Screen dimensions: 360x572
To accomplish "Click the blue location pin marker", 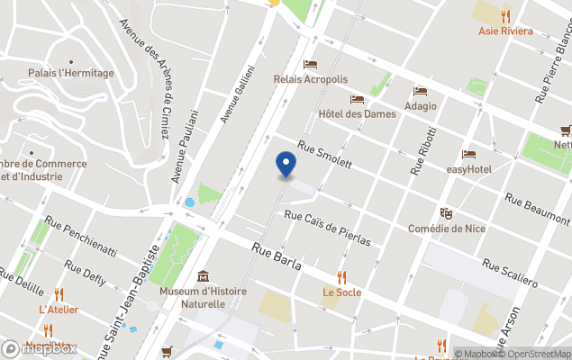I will tap(285, 165).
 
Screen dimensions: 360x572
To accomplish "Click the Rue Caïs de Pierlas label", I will tap(327, 228).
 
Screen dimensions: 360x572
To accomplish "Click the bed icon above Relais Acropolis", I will tap(311, 65).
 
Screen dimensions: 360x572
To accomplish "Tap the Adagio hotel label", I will tap(420, 105).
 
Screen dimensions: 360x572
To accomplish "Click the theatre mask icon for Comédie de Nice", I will tap(446, 213).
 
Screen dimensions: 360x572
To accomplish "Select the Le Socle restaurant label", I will tap(341, 292).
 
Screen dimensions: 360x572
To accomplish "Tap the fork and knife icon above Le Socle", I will tap(341, 277).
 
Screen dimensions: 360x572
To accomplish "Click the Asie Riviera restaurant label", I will tap(505, 31).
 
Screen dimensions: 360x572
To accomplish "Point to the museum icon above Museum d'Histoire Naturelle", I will tap(203, 276).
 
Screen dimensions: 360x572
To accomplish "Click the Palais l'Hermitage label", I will tap(71, 73).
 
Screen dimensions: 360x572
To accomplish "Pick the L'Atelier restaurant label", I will tap(59, 310).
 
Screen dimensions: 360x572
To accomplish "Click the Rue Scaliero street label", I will tap(510, 273).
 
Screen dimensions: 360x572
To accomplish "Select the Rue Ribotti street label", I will tap(421, 145).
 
